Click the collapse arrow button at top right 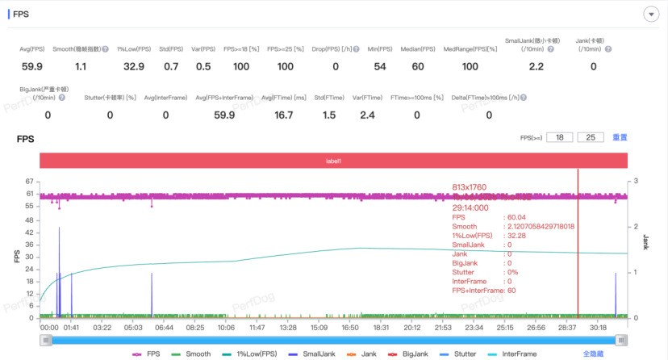coord(650,15)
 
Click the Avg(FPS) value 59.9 coord(32,66)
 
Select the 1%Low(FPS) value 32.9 coord(134,66)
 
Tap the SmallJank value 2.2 coord(536,66)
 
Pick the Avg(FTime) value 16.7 coord(284,115)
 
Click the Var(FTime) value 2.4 coord(366,115)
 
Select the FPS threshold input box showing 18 coord(559,138)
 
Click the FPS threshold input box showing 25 coord(591,138)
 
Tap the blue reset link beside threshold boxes coord(620,138)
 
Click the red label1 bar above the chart coord(333,161)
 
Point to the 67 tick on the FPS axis coord(30,182)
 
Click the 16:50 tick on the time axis coord(350,328)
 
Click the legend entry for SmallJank coord(323,354)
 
